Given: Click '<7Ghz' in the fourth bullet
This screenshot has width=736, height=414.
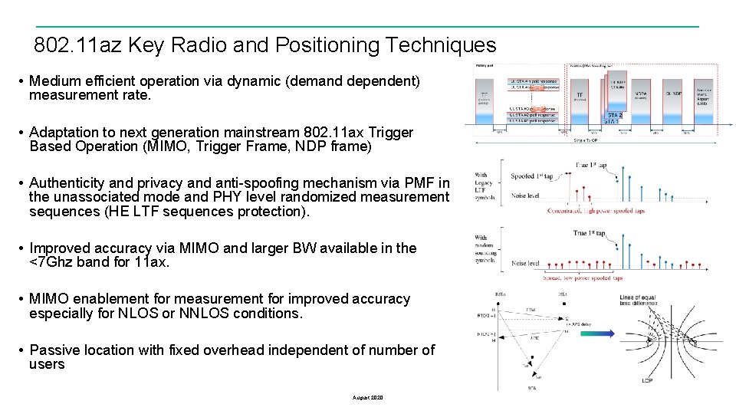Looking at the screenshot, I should (x=51, y=262).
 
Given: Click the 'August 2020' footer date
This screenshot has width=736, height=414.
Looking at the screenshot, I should (x=367, y=397).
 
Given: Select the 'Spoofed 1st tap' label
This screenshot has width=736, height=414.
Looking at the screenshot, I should (x=534, y=176).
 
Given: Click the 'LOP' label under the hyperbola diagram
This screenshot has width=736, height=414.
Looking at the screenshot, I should (x=646, y=381).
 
